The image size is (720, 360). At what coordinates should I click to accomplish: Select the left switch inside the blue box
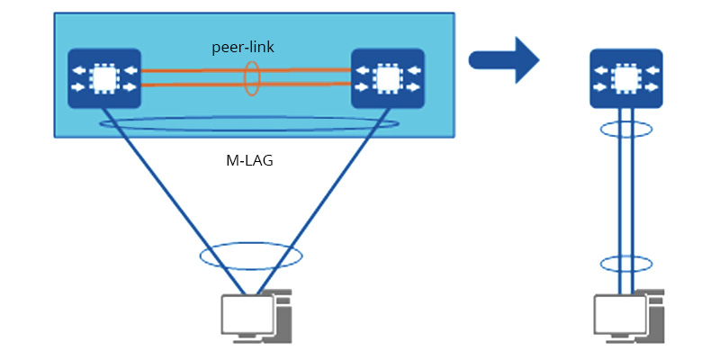(x=104, y=79)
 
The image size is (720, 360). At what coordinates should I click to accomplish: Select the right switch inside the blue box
(x=388, y=79)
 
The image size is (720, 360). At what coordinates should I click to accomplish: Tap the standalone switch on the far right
(x=625, y=79)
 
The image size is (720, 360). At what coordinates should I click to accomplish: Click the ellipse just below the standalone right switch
(x=626, y=128)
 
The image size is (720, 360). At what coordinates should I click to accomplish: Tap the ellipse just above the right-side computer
(x=626, y=265)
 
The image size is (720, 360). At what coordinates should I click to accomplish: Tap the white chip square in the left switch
(x=104, y=79)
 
